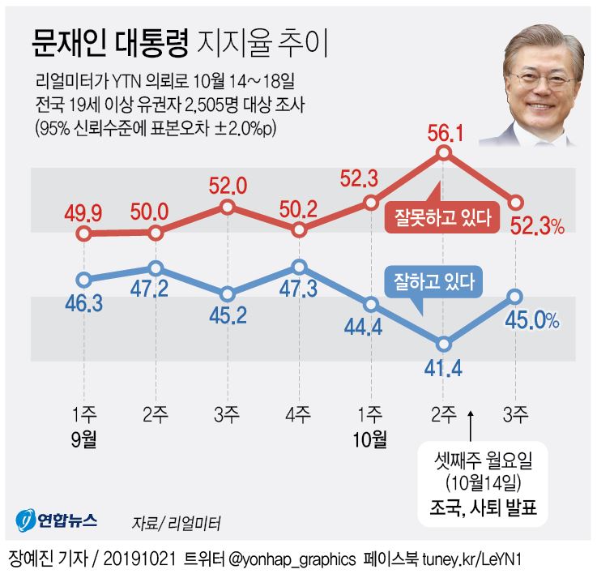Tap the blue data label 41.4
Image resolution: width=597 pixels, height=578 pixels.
443,369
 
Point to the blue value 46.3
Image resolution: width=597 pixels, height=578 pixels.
83,304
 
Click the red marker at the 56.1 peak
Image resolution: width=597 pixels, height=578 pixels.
443,154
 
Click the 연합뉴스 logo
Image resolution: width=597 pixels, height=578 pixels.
56,519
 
